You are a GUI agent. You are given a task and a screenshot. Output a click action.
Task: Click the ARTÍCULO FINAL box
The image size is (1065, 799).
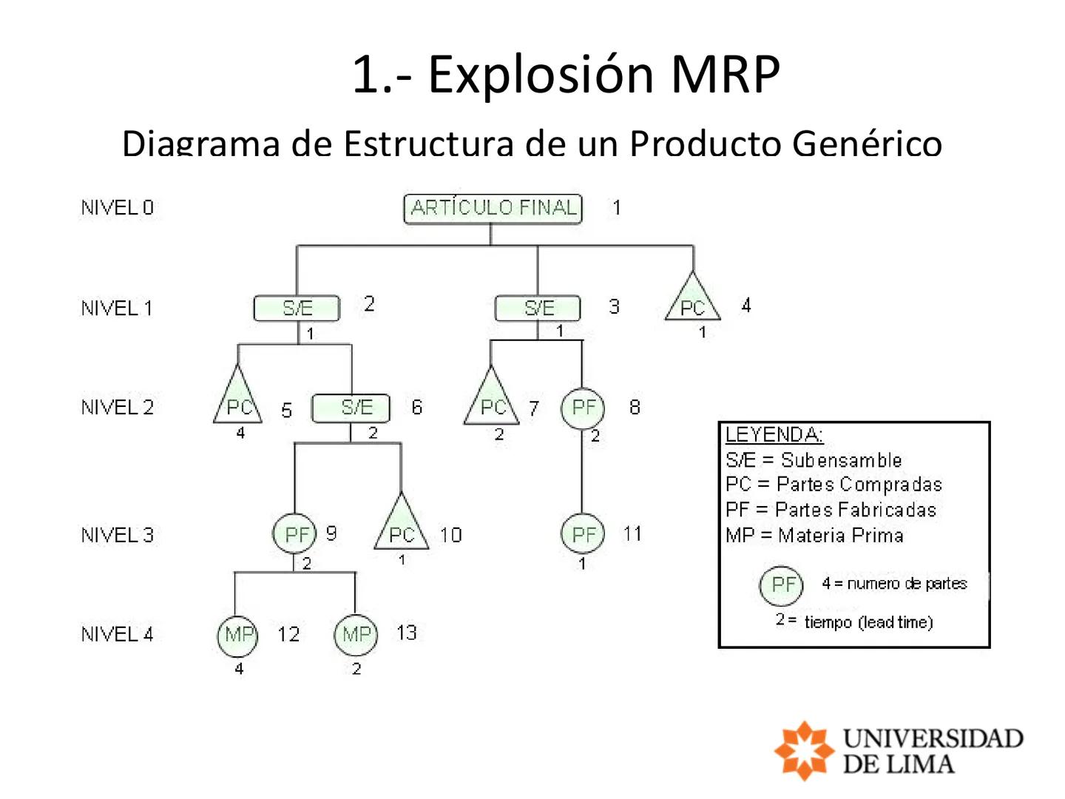[493, 208]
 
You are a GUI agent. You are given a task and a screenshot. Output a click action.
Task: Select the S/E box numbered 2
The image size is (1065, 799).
[297, 308]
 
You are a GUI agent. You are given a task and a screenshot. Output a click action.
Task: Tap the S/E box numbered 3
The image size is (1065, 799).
[538, 308]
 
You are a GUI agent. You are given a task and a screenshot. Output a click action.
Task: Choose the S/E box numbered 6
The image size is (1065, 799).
[351, 408]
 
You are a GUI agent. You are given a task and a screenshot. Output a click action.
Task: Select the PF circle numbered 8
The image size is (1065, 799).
[583, 408]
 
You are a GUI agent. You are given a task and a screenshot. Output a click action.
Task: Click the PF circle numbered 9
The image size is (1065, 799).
[295, 533]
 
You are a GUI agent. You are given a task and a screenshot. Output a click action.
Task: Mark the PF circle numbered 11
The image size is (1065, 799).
[583, 533]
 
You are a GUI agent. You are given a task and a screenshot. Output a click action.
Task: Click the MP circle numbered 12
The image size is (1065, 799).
[238, 635]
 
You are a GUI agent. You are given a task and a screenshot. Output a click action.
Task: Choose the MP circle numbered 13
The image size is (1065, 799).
[356, 635]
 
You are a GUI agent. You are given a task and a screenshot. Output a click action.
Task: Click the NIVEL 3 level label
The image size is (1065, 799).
[118, 535]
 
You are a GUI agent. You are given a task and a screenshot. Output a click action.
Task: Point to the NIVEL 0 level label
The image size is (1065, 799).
[118, 208]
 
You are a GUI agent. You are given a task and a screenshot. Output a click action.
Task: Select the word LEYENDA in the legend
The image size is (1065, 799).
[774, 435]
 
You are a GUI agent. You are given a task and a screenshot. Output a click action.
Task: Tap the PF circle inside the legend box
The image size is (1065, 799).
[782, 584]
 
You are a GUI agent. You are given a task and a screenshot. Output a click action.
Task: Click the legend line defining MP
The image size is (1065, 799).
[814, 536]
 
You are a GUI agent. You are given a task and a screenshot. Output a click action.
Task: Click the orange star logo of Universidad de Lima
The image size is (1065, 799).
[803, 750]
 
